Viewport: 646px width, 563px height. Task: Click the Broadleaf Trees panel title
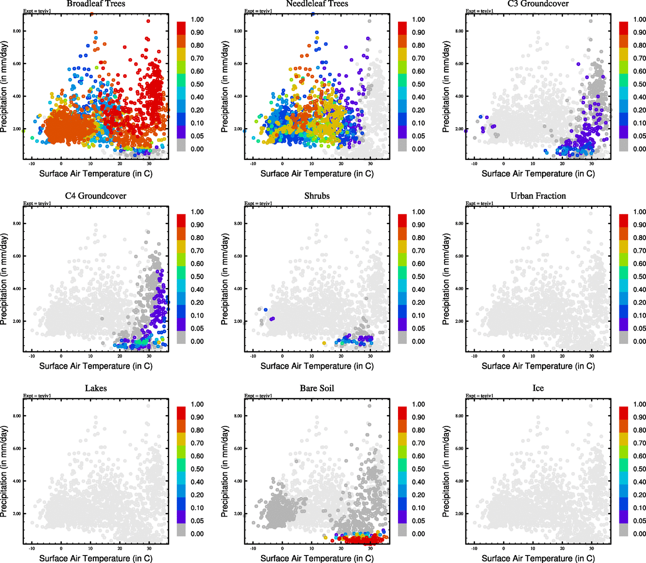96,4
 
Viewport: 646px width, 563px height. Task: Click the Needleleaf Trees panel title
317,4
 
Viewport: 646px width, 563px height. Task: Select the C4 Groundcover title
96,196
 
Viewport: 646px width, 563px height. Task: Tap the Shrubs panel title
317,196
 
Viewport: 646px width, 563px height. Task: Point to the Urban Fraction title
538,196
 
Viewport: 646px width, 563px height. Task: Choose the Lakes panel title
96,388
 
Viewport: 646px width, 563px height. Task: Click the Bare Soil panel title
317,388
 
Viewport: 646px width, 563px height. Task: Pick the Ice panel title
538,388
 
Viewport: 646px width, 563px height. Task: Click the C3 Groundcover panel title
538,4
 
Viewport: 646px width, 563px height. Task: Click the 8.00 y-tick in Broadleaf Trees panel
16,31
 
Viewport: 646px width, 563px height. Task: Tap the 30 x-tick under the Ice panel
592,548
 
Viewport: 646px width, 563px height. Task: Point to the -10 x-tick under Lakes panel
32,548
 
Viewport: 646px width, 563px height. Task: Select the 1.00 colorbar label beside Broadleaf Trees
197,20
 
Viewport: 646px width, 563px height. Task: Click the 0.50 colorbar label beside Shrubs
418,277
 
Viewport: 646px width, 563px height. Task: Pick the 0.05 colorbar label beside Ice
639,521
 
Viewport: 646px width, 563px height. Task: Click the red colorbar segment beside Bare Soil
403,413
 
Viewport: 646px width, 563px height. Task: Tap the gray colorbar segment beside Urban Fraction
624,337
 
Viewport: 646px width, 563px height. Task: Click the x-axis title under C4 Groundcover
96,366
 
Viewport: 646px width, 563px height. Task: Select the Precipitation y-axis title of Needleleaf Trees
225,87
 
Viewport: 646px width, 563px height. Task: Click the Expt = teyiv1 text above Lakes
37,396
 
